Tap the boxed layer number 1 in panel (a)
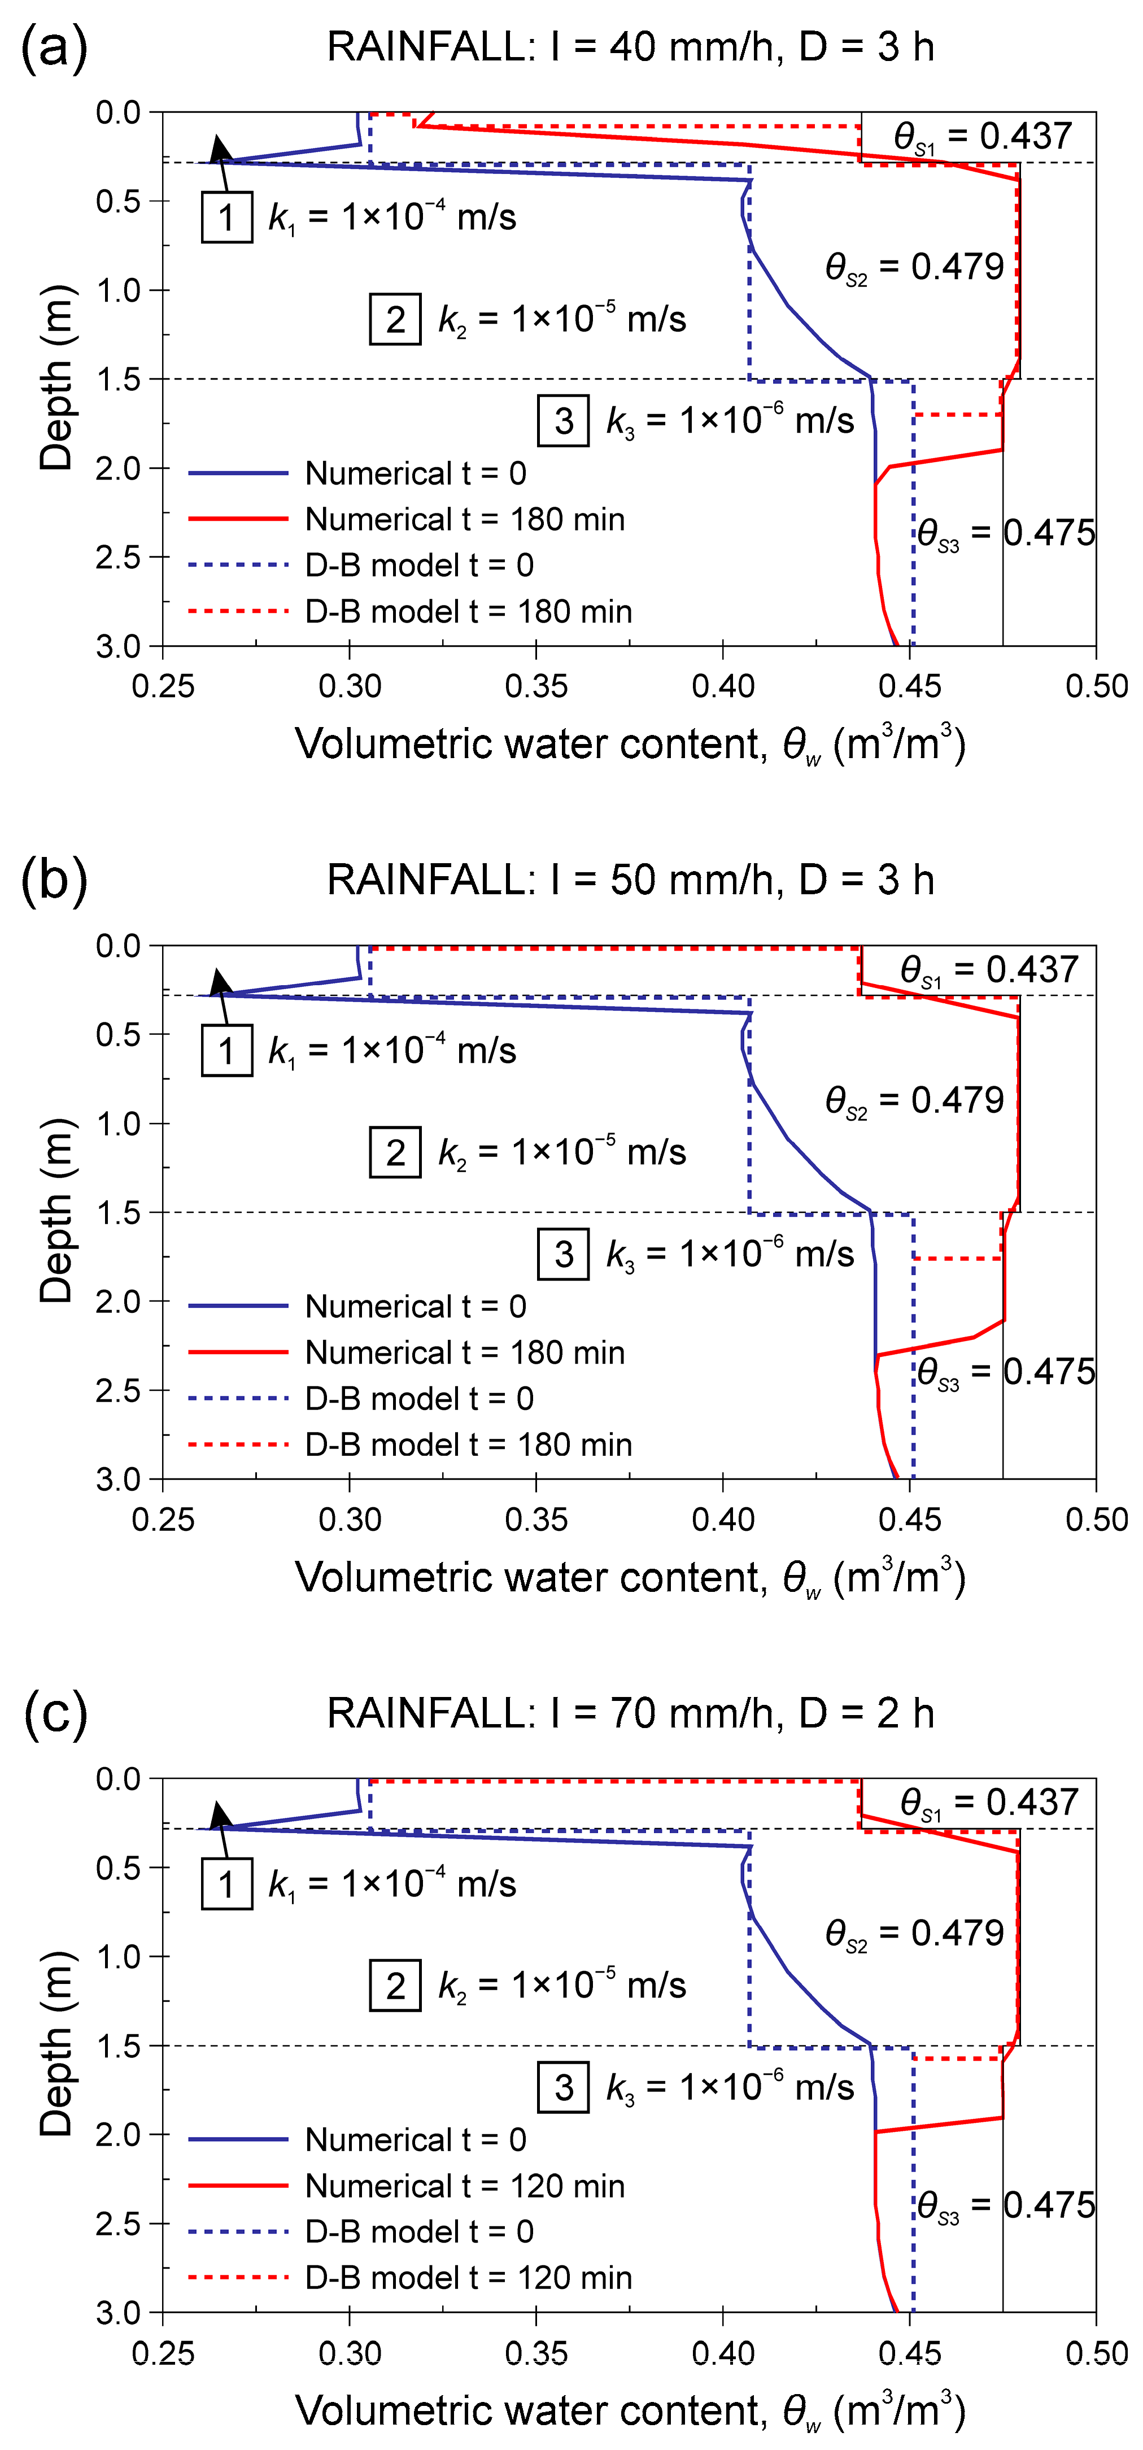226,218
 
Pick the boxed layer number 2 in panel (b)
395,1153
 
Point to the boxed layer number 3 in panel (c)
564,2088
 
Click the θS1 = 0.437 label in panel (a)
981,137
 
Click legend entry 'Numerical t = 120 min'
464,2186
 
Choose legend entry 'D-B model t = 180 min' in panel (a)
468,612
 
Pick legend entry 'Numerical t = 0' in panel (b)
416,1307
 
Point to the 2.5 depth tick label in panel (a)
119,558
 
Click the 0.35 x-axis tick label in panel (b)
536,1520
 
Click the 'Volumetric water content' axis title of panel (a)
630,745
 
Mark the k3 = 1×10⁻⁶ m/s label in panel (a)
730,420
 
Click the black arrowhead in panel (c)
221,1814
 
